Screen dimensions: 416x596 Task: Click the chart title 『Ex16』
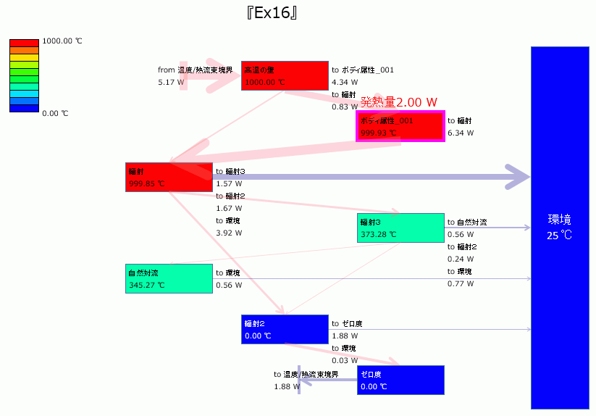coord(272,13)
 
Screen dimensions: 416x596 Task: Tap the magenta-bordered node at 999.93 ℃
coord(400,126)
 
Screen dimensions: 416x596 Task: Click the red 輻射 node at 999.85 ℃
coord(168,177)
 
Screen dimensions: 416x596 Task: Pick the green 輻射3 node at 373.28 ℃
coord(400,228)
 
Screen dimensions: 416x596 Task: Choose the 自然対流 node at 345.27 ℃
coord(168,278)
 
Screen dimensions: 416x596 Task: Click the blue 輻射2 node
coord(284,329)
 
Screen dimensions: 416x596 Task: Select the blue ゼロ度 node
coord(400,380)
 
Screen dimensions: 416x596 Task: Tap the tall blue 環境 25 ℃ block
coord(560,227)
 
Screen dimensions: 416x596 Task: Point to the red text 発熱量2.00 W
coord(399,101)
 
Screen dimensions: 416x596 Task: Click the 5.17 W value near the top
coord(171,83)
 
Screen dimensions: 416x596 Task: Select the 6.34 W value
coord(461,133)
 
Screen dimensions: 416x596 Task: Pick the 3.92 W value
coord(229,233)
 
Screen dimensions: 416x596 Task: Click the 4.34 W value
coord(345,83)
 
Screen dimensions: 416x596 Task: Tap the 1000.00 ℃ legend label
coord(62,41)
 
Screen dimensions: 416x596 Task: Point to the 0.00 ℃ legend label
coord(55,114)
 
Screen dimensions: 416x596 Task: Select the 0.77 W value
coord(461,284)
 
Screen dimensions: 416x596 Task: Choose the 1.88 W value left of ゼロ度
coord(287,387)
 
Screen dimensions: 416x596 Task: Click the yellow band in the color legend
coord(24,57)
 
